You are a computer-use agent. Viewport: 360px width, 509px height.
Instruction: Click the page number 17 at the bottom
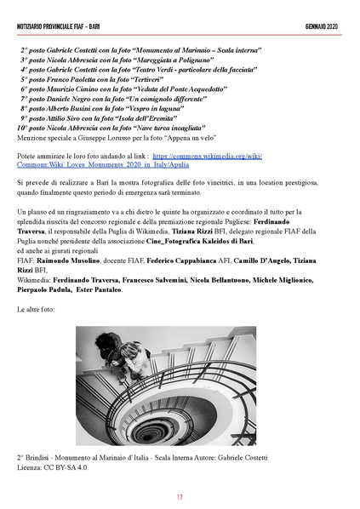(180, 497)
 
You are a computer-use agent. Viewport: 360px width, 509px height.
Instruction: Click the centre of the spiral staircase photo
(180, 386)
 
